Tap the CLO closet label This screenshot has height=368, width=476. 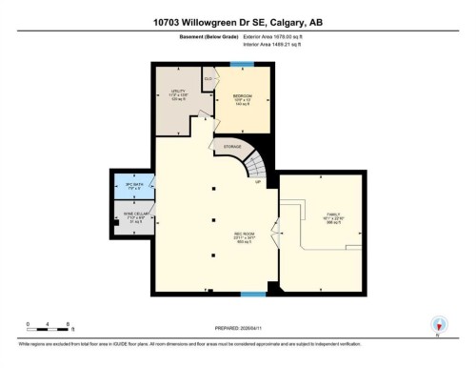pyautogui.click(x=208, y=79)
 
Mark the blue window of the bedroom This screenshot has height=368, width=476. pyautogui.click(x=245, y=65)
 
